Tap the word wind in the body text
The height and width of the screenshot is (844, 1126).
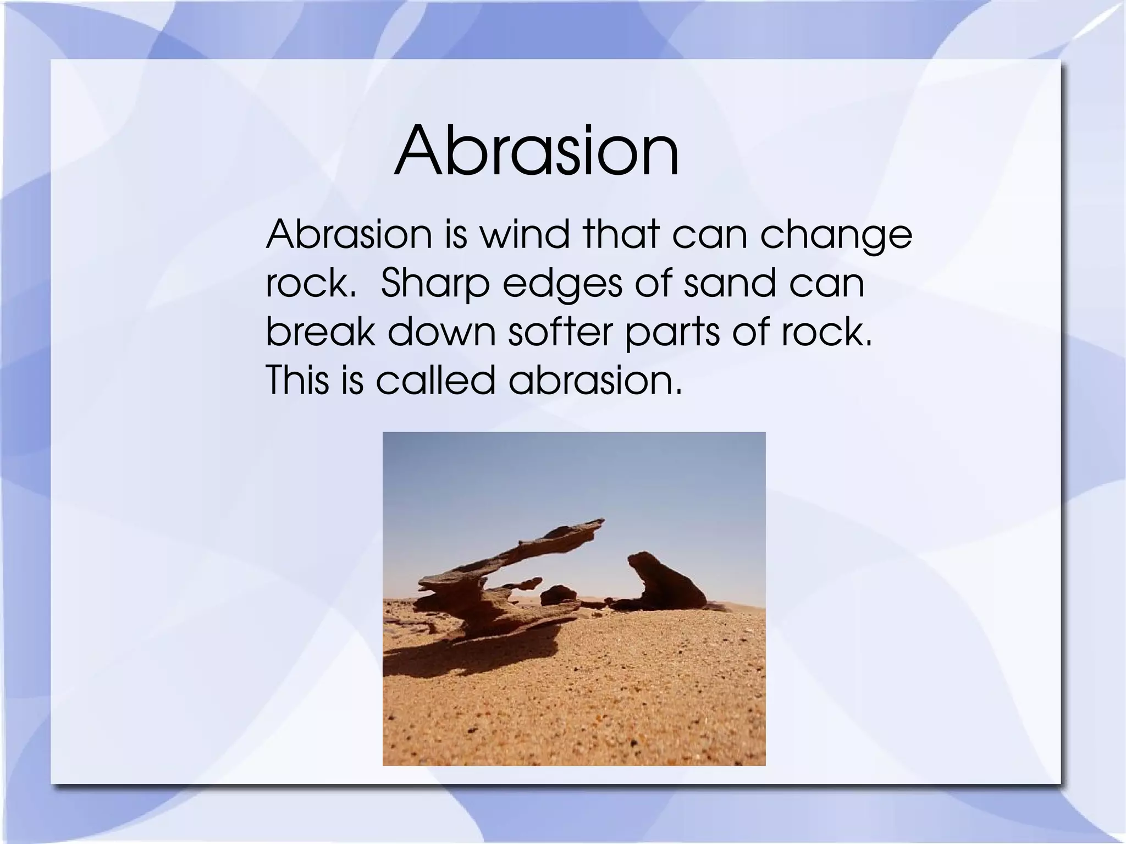(525, 234)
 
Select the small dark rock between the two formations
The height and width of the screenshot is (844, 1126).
(558, 594)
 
